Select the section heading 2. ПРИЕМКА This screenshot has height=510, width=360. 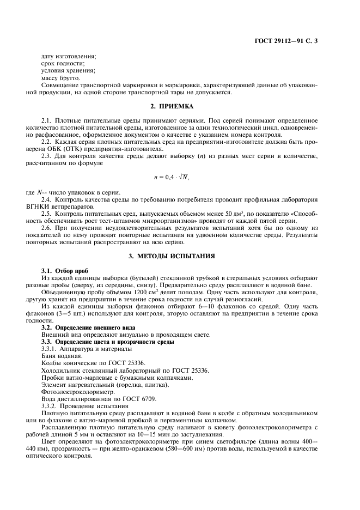click(x=179, y=106)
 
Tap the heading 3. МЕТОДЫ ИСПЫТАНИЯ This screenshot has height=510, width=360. click(x=179, y=256)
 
